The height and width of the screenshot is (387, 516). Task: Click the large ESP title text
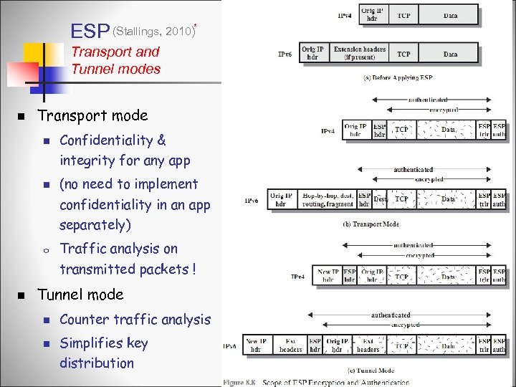[x=90, y=31]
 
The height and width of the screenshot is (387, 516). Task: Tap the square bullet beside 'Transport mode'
[x=21, y=116]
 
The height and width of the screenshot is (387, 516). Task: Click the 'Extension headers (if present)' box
[x=359, y=54]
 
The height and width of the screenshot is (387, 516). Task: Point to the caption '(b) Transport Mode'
[x=371, y=224]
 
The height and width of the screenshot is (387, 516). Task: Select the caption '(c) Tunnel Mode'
[x=370, y=370]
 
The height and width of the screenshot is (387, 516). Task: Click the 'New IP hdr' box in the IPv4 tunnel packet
[x=328, y=275]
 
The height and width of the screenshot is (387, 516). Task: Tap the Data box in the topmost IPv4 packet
[x=450, y=14]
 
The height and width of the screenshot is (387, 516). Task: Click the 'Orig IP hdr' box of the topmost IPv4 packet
[x=371, y=14]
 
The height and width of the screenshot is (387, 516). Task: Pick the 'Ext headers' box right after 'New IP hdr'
[x=290, y=345]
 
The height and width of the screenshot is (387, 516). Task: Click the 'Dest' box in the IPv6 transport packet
[x=380, y=199]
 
